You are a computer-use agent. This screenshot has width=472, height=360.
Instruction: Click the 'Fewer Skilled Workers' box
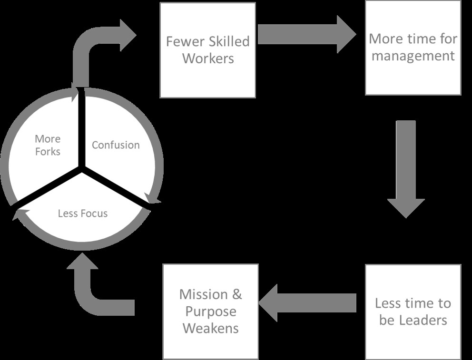[x=208, y=50]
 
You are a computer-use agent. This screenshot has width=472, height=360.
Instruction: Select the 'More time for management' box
[x=413, y=48]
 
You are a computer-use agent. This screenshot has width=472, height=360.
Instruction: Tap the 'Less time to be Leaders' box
[x=413, y=311]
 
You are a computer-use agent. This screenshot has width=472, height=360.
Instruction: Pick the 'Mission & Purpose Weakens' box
[x=210, y=311]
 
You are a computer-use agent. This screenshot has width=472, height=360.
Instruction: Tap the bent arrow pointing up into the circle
[x=95, y=290]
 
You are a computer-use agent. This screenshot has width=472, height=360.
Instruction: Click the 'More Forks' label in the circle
[x=48, y=145]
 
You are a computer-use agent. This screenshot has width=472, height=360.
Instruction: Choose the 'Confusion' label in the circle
[x=116, y=145]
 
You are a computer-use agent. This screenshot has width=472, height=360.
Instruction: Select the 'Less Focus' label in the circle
[x=83, y=213]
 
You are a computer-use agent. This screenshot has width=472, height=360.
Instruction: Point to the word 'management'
[x=413, y=56]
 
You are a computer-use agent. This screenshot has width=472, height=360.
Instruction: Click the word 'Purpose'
[x=211, y=311]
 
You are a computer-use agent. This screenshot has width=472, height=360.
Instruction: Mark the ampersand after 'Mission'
[x=236, y=295]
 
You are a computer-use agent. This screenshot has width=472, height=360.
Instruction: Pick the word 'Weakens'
[x=211, y=328]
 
